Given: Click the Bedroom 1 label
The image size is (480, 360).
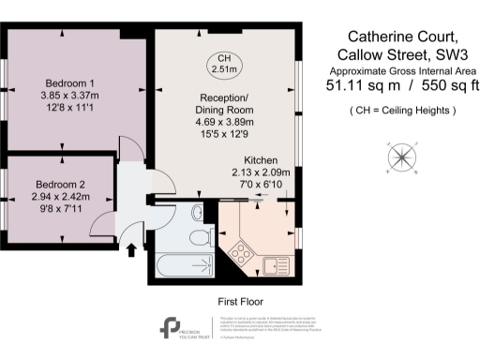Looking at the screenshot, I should coord(62,82).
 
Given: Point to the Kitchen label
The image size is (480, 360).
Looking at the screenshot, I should coord(261,160).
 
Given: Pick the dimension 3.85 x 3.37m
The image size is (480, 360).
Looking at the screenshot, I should coord(62,94).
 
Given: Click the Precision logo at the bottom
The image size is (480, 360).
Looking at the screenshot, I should coord(171,329).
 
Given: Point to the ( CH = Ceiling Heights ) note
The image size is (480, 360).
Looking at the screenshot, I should coord(400,112).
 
